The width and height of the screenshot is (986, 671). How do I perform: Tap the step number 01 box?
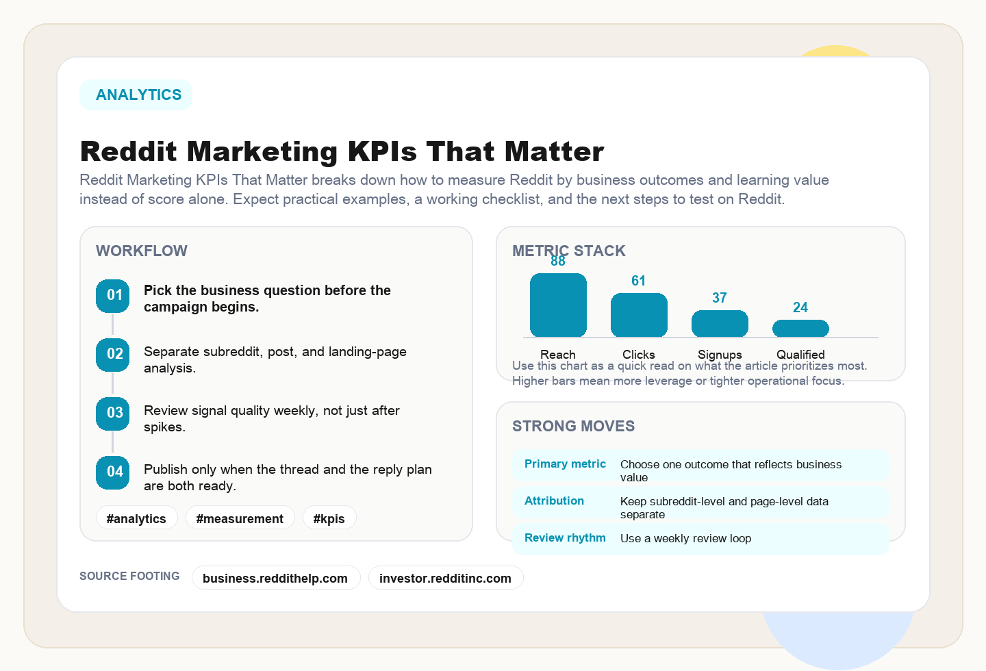click(x=113, y=296)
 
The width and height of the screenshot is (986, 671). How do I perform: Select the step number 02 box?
click(x=113, y=355)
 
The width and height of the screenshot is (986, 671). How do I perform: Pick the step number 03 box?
click(x=113, y=414)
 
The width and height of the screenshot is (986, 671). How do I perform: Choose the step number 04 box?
click(x=113, y=472)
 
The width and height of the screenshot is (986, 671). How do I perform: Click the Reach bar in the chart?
click(x=558, y=305)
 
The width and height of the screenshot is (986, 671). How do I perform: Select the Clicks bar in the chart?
click(x=639, y=315)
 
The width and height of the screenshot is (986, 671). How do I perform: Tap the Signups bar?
click(x=720, y=324)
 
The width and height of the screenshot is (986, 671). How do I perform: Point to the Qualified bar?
click(x=800, y=329)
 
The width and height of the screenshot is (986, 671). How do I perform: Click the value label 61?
click(x=638, y=281)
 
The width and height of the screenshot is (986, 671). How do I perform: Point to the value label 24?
click(x=800, y=307)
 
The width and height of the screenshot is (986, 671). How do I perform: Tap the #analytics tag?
click(x=136, y=518)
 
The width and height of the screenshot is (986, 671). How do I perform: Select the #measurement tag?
click(x=240, y=518)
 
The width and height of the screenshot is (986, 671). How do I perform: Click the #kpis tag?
click(x=329, y=518)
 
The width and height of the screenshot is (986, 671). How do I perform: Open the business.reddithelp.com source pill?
click(x=275, y=578)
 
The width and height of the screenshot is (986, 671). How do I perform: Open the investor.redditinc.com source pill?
click(x=445, y=578)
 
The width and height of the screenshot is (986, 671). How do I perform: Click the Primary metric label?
click(x=565, y=464)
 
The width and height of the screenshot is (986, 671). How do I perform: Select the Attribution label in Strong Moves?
click(x=554, y=501)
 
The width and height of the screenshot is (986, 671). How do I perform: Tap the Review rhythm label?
click(x=565, y=538)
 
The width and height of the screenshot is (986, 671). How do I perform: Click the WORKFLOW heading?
click(x=142, y=251)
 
